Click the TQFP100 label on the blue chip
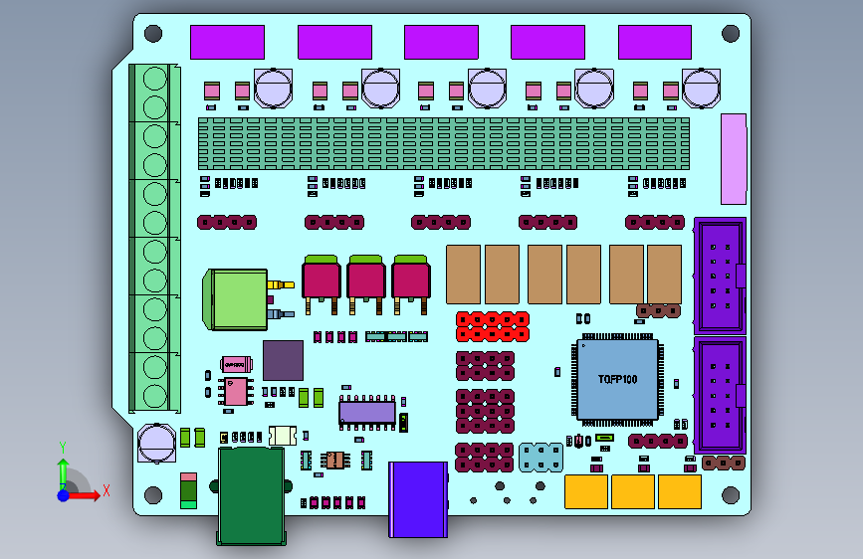tap(617, 380)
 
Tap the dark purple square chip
tap(283, 360)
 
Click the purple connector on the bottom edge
tap(418, 499)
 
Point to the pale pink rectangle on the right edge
tap(733, 159)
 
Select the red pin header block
tap(493, 325)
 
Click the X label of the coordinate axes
tap(106, 490)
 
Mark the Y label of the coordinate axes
tap(63, 447)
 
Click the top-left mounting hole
tap(153, 34)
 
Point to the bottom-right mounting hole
tap(730, 494)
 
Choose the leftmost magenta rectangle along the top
tap(227, 43)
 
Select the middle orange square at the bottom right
tap(632, 491)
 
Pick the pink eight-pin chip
tap(236, 391)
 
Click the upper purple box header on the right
tap(719, 276)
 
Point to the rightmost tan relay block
tap(664, 274)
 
